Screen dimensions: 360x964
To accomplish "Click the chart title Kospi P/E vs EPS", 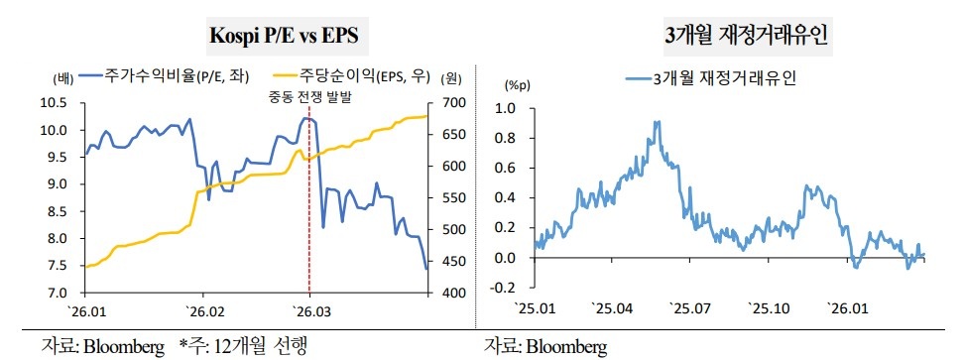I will point(283,37).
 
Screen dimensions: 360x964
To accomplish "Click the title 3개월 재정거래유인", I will point(747,37).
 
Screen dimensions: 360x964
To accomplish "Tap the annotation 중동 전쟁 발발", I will point(309,97).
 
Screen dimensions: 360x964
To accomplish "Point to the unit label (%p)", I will point(518,87).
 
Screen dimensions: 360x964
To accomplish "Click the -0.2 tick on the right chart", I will point(504,289).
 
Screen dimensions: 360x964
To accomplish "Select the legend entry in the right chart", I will point(715,75).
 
